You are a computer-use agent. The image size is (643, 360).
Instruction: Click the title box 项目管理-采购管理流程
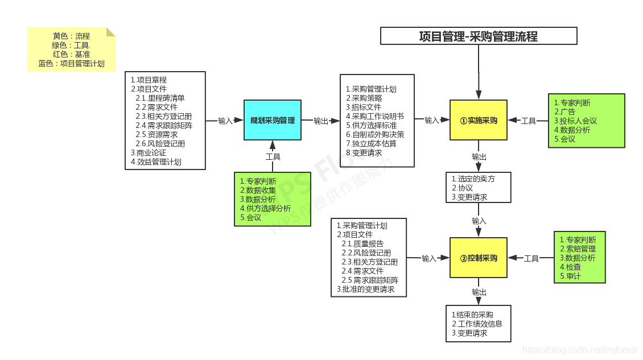[479, 36]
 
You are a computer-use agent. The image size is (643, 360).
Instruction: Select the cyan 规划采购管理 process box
[272, 120]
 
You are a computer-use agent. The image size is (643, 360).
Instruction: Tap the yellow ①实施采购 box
[478, 120]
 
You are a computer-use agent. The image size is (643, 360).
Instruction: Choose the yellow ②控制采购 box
[478, 258]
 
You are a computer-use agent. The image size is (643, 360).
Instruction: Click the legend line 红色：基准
[71, 54]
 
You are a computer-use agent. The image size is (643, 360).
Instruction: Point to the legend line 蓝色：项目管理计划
[71, 63]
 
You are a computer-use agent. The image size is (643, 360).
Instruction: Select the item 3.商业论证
[149, 152]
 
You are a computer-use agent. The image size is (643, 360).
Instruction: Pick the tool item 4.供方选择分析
[265, 208]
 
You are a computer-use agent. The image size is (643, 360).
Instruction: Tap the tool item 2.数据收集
[258, 190]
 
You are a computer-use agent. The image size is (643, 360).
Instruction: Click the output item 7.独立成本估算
[371, 143]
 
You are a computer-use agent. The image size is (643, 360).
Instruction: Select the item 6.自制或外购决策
[375, 134]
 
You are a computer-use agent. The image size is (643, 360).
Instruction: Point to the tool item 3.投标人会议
[575, 121]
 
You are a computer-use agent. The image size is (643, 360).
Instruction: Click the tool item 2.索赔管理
[578, 249]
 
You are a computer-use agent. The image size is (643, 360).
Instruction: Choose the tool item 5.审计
[570, 276]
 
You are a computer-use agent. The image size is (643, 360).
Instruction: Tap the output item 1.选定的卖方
[473, 179]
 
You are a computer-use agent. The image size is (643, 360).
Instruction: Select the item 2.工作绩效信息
[477, 324]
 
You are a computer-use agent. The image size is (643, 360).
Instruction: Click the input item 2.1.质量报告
[362, 243]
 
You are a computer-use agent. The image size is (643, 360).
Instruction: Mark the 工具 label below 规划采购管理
[273, 156]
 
